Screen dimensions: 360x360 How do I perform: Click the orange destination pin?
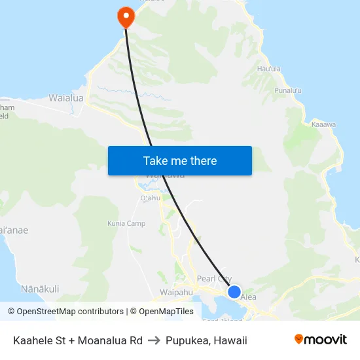pos(125,16)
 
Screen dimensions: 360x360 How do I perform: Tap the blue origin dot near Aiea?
pos(234,292)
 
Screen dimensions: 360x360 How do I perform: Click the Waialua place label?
pos(66,98)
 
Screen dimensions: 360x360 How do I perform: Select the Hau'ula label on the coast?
pos(269,69)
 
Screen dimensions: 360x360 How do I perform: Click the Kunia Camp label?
pos(127,224)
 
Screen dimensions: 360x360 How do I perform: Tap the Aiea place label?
pos(248,297)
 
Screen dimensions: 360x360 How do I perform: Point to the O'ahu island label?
pos(150,198)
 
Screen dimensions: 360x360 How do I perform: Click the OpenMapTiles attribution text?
pos(161,312)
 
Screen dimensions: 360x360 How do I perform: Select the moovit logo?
pos(320,340)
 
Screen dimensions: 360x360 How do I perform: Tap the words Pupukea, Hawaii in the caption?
pos(206,340)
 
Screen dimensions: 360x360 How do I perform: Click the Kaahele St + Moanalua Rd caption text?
pos(78,340)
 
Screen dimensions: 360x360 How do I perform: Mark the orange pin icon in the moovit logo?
pos(299,339)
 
